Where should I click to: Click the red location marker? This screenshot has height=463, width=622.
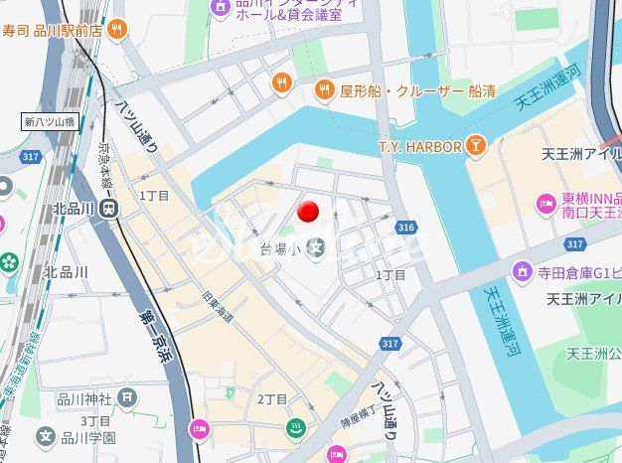coord(309,211)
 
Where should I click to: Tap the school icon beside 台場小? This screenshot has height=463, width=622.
coord(317,247)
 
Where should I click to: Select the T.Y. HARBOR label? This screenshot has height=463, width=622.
coord(419,147)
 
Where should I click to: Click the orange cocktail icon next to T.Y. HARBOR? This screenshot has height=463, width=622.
coord(476,147)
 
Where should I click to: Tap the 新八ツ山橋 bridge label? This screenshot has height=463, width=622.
coord(51,122)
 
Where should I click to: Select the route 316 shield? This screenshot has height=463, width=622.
coord(404,229)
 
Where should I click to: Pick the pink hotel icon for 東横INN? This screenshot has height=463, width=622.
coord(545,204)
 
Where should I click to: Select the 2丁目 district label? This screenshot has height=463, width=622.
coord(272,399)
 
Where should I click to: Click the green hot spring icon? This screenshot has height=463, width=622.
coord(296,429)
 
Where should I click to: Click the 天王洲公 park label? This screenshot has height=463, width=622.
coord(593,353)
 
